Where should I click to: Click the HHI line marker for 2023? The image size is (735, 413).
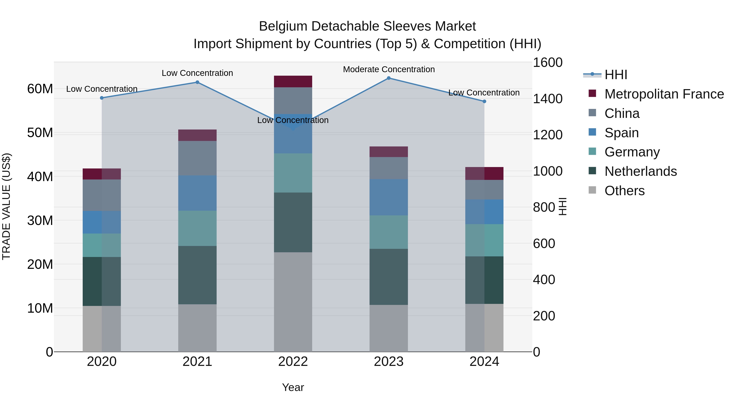(x=389, y=78)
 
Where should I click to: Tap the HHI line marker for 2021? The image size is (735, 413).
(x=197, y=82)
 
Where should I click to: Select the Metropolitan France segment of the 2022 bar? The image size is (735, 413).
(x=293, y=82)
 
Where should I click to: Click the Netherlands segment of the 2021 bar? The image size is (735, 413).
(x=197, y=275)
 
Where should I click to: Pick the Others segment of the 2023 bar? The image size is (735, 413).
(x=389, y=328)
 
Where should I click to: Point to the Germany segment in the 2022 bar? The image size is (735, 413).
(x=293, y=173)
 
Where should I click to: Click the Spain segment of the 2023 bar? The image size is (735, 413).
(x=389, y=197)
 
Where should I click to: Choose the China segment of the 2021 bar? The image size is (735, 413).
(x=197, y=158)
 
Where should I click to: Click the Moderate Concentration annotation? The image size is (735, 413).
(x=389, y=69)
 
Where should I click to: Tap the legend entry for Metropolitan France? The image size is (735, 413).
(x=664, y=94)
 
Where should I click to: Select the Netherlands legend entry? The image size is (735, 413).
(x=640, y=171)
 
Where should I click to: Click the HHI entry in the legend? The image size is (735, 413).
(x=616, y=75)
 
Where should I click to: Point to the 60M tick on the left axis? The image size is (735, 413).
(x=40, y=89)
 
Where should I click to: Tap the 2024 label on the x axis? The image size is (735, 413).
(x=484, y=362)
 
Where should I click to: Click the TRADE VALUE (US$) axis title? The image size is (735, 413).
(x=6, y=206)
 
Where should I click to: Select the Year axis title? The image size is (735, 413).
(x=293, y=387)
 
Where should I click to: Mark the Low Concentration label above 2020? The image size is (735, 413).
(x=102, y=89)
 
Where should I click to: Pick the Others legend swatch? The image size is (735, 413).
(x=592, y=190)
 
